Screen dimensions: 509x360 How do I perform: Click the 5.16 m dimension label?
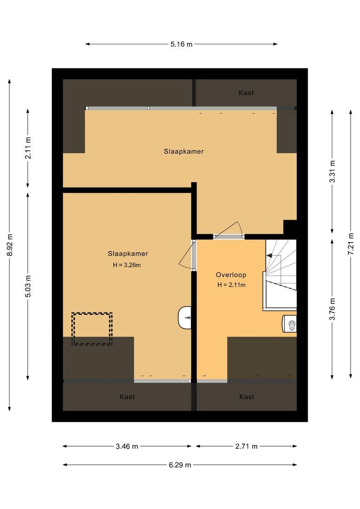pyautogui.click(x=181, y=44)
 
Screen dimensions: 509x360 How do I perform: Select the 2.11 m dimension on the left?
pyautogui.click(x=28, y=148)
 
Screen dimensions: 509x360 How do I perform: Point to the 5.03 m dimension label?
pyautogui.click(x=28, y=286)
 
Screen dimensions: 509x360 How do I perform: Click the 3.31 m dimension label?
pyautogui.click(x=332, y=172)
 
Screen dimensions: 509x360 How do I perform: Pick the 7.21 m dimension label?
pyautogui.click(x=350, y=244)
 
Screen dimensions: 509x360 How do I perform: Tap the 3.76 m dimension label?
pyautogui.click(x=332, y=309)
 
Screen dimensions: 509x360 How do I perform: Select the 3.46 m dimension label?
pyautogui.click(x=127, y=446)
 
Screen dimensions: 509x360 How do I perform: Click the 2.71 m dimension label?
pyautogui.click(x=246, y=446)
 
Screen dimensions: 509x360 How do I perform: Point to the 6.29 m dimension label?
pyautogui.click(x=180, y=465)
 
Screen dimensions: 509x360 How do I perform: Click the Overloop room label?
pyautogui.click(x=231, y=275)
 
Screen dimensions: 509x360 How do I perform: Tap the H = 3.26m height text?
pyautogui.click(x=127, y=265)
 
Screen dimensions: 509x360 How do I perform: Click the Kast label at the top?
pyautogui.click(x=246, y=93)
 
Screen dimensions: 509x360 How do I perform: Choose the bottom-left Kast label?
pyautogui.click(x=127, y=397)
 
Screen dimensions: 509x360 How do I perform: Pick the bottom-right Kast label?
pyautogui.click(x=246, y=397)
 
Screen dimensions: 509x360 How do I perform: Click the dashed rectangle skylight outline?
pyautogui.click(x=92, y=328)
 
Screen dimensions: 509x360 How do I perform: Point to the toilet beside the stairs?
pyautogui.click(x=290, y=324)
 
